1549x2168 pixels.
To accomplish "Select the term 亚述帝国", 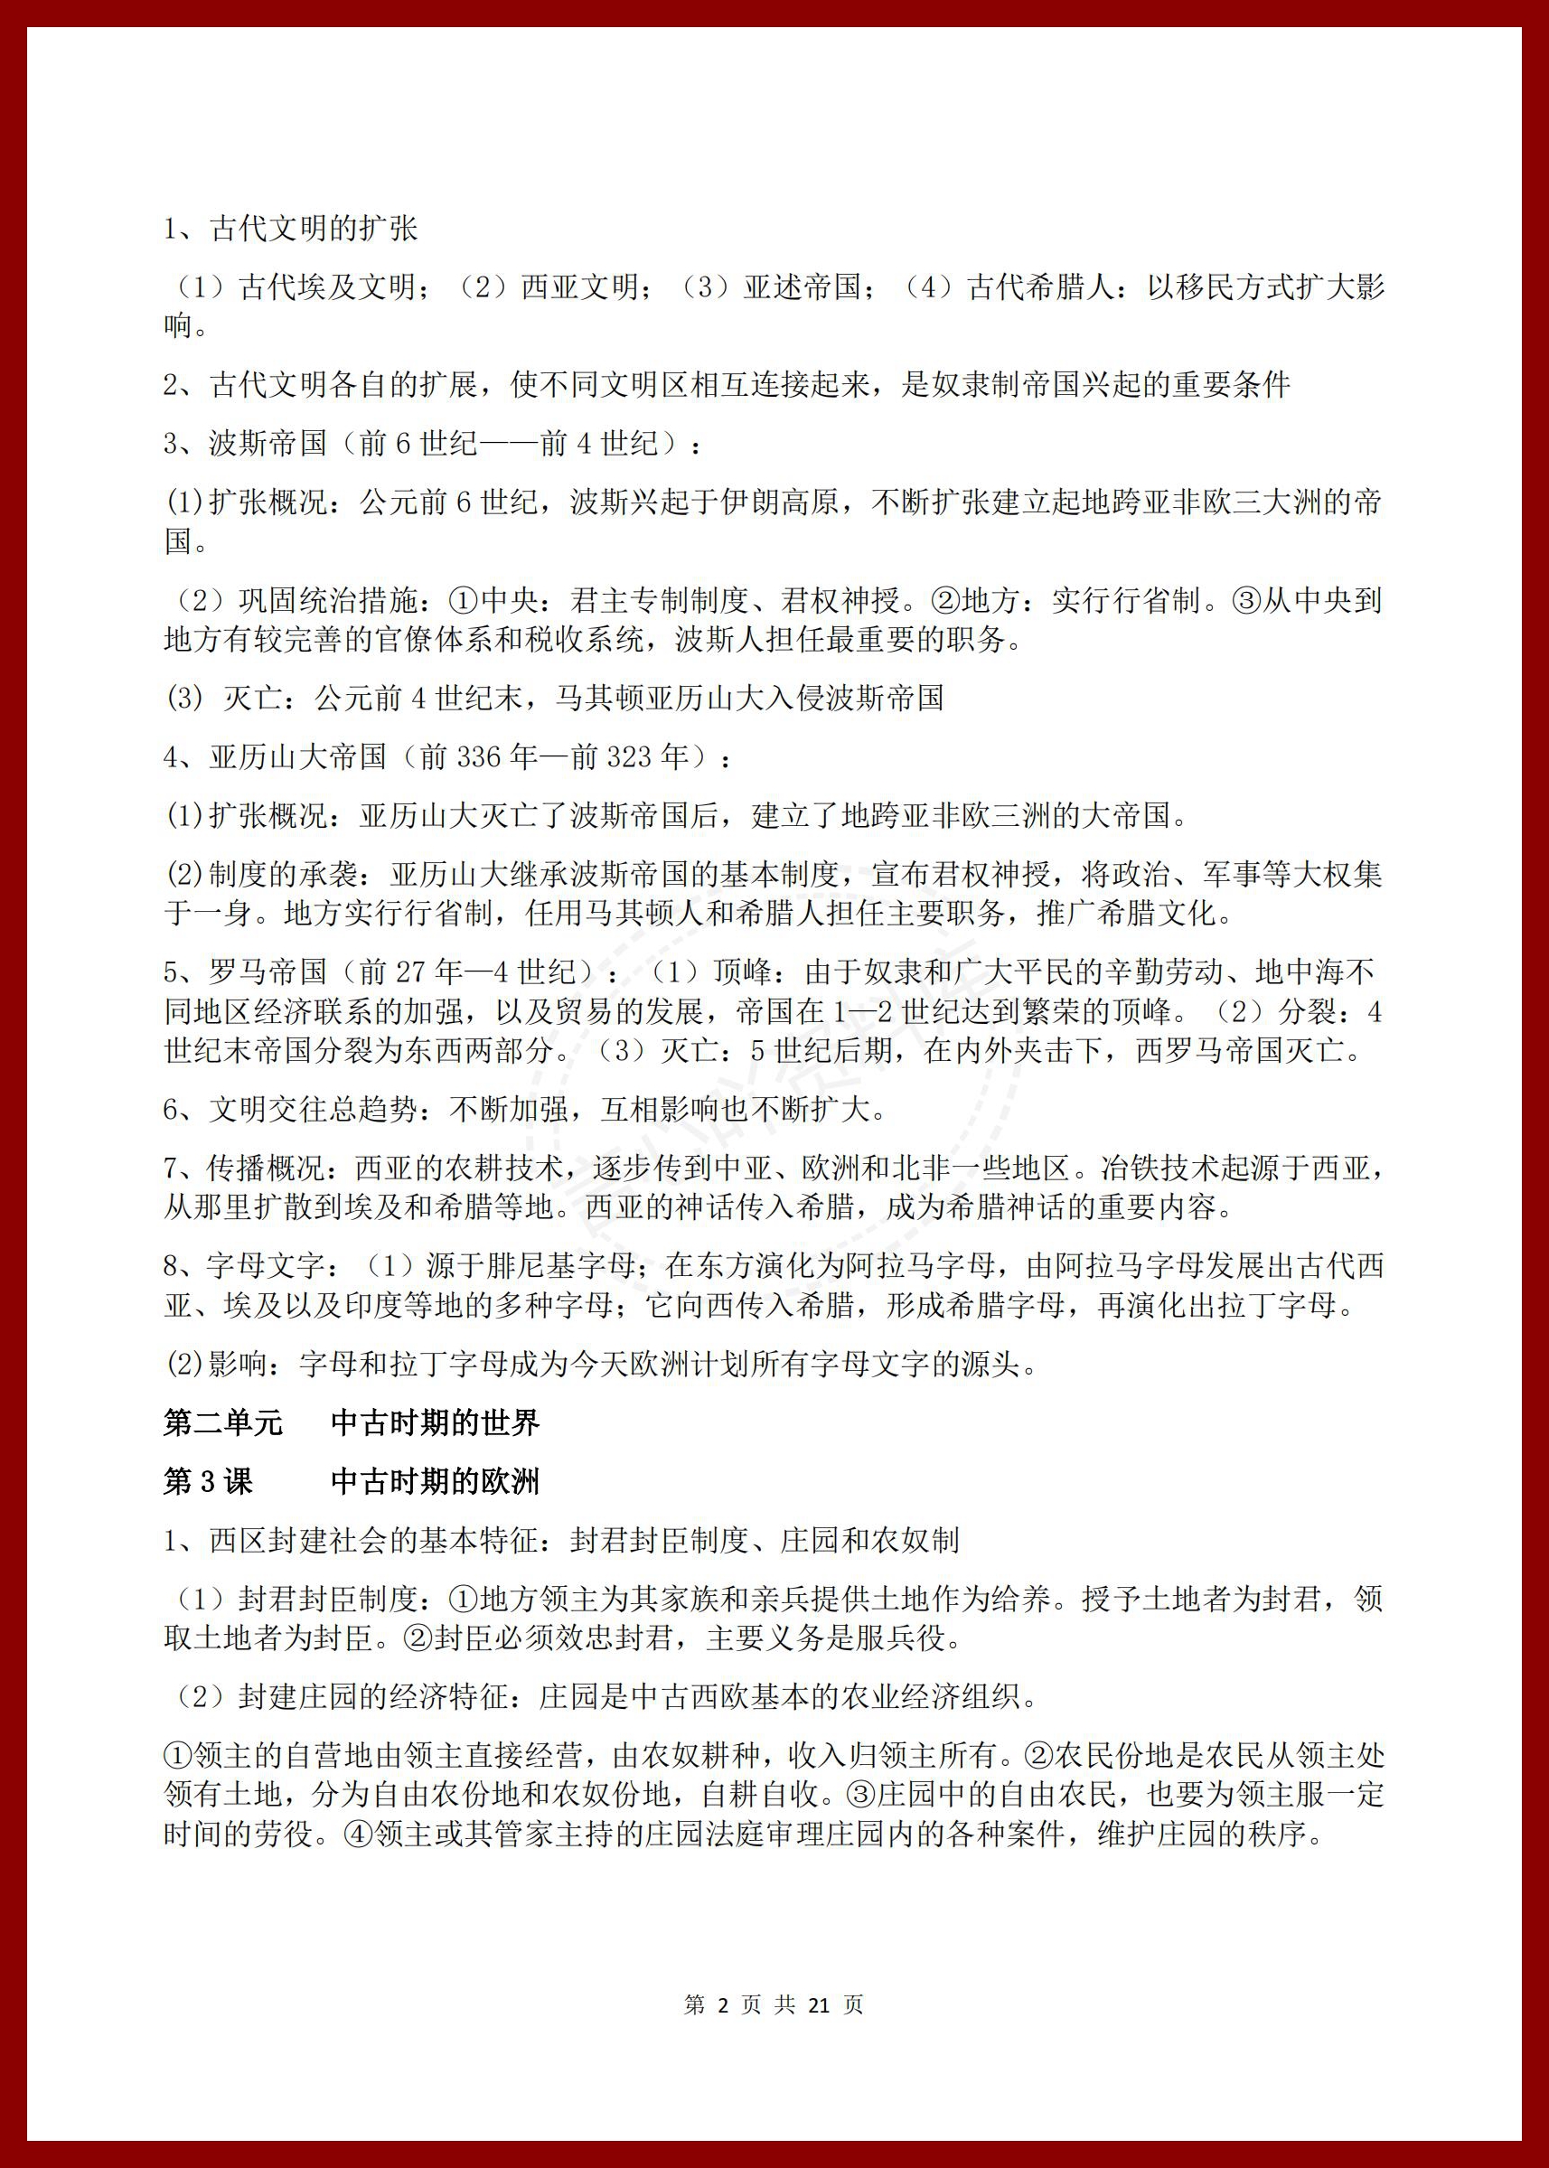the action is [803, 287].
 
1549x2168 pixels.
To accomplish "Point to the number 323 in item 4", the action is [631, 757].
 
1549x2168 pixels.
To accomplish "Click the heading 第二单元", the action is [223, 1424].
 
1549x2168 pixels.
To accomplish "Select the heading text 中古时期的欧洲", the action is [435, 1481].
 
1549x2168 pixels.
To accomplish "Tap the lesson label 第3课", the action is [208, 1481].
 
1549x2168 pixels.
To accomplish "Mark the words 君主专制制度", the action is [659, 601].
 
